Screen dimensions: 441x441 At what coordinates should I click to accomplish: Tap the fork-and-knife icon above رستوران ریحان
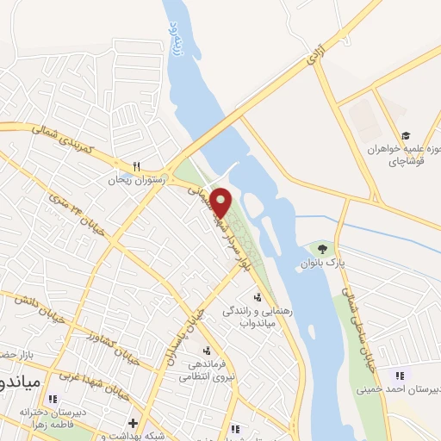coord(136,167)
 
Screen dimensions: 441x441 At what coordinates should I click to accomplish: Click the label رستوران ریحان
coord(129,181)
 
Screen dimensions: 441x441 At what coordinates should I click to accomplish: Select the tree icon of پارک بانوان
coord(322,248)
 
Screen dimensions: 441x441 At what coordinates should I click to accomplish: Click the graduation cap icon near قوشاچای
coord(406,135)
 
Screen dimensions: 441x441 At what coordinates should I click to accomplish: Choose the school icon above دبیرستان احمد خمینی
coord(398,376)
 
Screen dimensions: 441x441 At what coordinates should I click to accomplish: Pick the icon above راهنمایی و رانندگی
coord(256,297)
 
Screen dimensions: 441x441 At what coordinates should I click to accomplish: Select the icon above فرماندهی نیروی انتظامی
coord(206,351)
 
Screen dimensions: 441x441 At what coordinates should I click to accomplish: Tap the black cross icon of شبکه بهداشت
coord(132,423)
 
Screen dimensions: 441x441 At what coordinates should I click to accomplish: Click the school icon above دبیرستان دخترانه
coord(53,399)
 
